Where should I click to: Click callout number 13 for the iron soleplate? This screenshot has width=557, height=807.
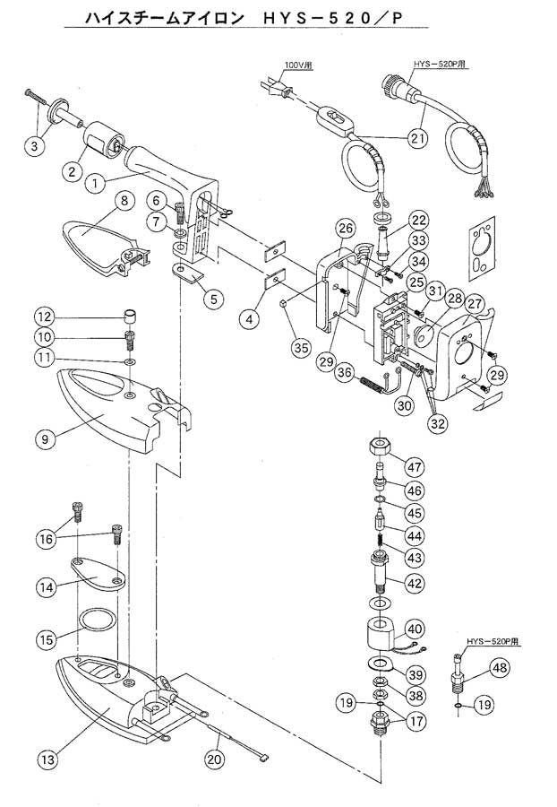[x=47, y=759]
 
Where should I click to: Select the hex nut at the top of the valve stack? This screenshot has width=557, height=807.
[x=381, y=445]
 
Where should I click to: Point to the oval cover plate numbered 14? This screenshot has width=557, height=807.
[x=96, y=572]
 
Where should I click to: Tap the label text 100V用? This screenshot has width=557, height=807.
[x=298, y=65]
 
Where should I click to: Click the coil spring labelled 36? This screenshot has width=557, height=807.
[x=373, y=385]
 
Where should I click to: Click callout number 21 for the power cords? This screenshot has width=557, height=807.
[x=416, y=138]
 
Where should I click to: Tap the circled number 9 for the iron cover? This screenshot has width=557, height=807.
[x=45, y=439]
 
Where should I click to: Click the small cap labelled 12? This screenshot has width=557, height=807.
[x=132, y=315]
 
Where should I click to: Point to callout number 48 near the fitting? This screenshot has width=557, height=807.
[x=499, y=668]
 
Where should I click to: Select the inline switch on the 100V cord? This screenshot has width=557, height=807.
[x=333, y=117]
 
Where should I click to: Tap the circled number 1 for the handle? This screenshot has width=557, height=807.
[x=95, y=183]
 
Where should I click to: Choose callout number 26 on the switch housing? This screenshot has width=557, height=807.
[x=346, y=228]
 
